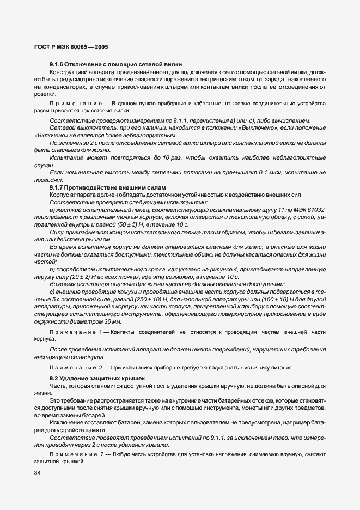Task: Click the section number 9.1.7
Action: coord(57,187)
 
